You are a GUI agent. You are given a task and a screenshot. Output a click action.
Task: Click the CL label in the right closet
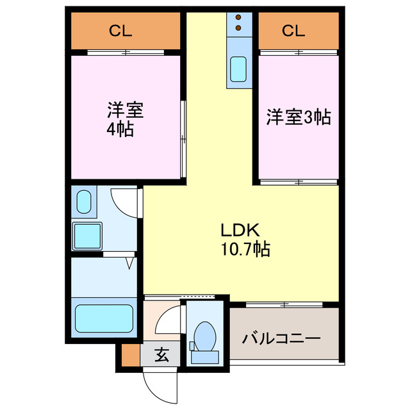click(291, 29)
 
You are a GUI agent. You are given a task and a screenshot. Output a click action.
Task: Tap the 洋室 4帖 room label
click(124, 119)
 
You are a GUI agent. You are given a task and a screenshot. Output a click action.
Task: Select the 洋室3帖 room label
click(298, 117)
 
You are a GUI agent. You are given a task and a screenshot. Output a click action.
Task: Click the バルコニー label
click(281, 337)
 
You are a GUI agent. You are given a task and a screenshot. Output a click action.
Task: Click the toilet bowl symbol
click(205, 335)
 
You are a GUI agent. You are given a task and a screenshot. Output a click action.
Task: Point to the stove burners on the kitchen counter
click(238, 23)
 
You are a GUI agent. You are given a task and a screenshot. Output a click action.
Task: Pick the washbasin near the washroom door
click(84, 203)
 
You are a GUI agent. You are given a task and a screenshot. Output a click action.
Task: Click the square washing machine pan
click(87, 236)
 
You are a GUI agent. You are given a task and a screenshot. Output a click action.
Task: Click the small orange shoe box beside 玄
click(129, 354)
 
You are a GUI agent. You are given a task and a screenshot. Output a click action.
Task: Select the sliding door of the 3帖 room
click(298, 182)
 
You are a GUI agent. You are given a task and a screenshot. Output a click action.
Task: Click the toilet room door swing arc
click(168, 318)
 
